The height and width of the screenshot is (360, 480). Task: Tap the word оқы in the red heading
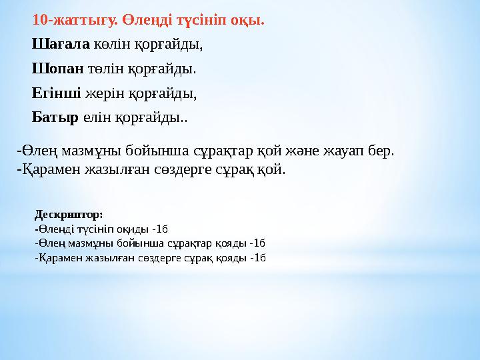251,20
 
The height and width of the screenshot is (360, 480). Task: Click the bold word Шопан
57,69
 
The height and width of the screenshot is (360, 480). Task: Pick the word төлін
105,69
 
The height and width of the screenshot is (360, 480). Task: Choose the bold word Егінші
57,93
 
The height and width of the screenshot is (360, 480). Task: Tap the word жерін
104,93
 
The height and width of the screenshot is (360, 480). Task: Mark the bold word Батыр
55,118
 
